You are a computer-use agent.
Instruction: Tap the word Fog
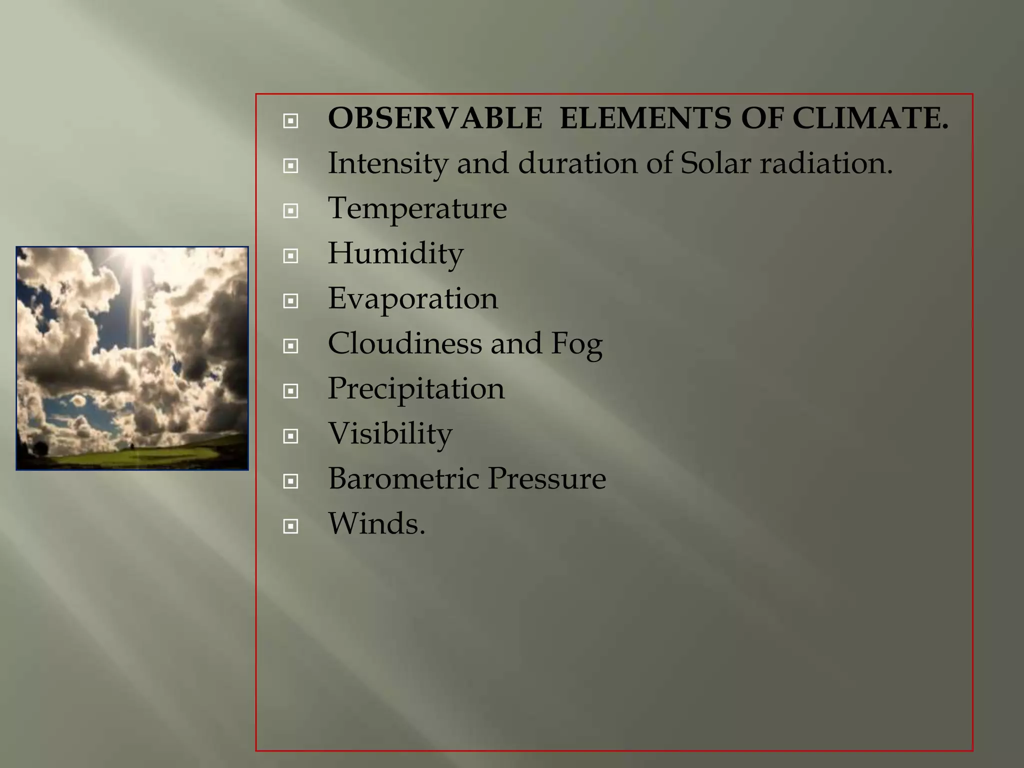click(576, 344)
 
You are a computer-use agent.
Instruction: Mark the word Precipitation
click(416, 388)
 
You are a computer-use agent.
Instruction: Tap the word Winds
click(376, 523)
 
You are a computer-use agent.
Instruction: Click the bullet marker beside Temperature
click(290, 211)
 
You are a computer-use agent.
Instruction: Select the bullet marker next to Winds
click(290, 526)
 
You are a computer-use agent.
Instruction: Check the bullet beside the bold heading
click(290, 121)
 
